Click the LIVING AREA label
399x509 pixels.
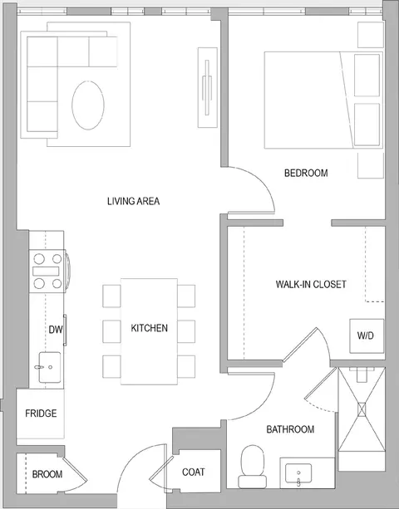(x=134, y=201)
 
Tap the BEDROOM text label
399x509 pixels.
(x=306, y=173)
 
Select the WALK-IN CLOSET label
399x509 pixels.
(x=311, y=284)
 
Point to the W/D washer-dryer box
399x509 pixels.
(x=367, y=336)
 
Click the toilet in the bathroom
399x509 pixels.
(x=252, y=467)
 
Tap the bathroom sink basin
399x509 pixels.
(x=298, y=473)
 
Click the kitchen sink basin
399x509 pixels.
(x=49, y=367)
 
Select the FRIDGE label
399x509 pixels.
(x=41, y=414)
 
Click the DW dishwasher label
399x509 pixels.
(x=55, y=330)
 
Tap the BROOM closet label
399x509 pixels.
(x=47, y=474)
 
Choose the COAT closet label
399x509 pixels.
(x=194, y=472)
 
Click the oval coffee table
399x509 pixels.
(x=88, y=105)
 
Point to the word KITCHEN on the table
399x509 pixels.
(x=150, y=328)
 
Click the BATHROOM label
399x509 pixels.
(x=290, y=429)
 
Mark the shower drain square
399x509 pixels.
(x=362, y=409)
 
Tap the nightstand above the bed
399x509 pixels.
(x=371, y=35)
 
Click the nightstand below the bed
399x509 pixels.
(x=371, y=165)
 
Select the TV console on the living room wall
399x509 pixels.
(x=208, y=88)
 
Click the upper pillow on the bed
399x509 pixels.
(x=367, y=76)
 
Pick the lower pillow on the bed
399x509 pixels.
(x=367, y=125)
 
